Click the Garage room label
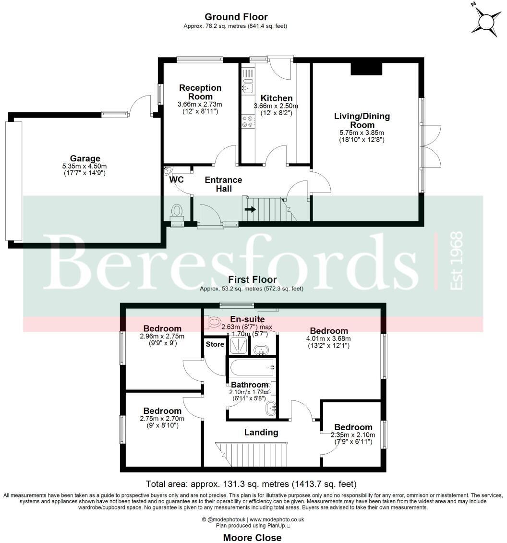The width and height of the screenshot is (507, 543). [x=85, y=158]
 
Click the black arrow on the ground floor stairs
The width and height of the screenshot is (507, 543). [x=250, y=209]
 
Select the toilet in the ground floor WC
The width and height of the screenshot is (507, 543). [x=177, y=211]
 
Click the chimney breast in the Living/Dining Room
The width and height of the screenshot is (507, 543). [x=366, y=69]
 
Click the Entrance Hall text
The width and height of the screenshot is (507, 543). [x=223, y=184]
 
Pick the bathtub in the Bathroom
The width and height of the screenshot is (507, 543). [x=252, y=368]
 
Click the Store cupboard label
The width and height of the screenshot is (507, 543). [x=215, y=344]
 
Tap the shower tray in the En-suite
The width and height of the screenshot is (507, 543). [x=239, y=345]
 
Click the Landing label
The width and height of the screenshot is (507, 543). [x=261, y=432]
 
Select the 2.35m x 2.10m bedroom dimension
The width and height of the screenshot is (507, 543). [x=353, y=435]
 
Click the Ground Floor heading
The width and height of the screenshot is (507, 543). [x=236, y=17]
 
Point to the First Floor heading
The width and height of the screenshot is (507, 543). [x=252, y=279]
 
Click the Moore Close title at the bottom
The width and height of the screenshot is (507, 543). [x=253, y=537]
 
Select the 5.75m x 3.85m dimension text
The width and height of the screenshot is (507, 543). [x=362, y=133]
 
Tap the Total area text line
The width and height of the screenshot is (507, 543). [x=251, y=484]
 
